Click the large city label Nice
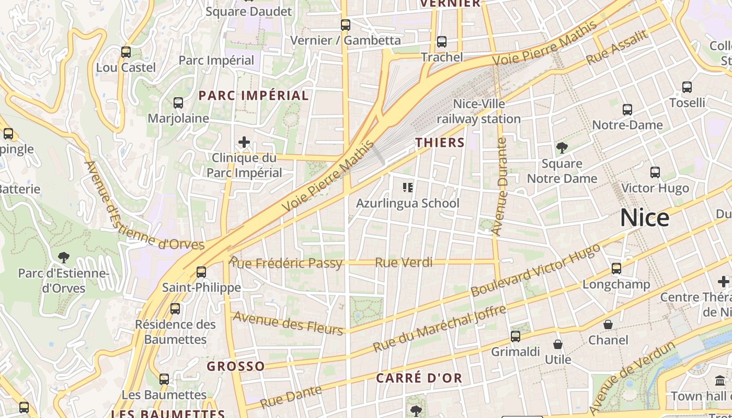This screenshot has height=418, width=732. pos(644,218)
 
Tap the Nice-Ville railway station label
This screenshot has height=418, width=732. pos(478,111)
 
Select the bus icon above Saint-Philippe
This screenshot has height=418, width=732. pos(201,272)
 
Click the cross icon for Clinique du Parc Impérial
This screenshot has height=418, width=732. pos(244,142)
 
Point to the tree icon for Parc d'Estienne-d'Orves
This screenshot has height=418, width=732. pos(64,257)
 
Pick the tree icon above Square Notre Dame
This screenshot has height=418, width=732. pos(562,148)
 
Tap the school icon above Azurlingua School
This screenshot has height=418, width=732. pos(408,187)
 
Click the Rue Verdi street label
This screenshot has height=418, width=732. pos(404,262)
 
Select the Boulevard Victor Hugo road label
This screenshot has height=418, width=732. pos(535,270)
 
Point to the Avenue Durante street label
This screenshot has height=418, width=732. pos(500,187)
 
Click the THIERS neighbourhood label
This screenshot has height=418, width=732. pos(440,143)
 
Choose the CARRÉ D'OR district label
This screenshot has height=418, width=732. pos(419,378)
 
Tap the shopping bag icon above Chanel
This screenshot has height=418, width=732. pos(608,324)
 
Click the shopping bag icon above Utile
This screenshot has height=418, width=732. pos(558,344)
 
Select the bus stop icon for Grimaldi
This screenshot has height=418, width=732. pos(516,336)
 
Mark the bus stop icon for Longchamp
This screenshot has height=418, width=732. pos(616,269)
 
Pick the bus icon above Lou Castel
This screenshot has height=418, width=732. pos(126,52)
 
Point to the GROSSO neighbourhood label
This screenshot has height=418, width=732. pos(235,366)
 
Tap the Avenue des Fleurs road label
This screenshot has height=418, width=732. pos(288,322)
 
